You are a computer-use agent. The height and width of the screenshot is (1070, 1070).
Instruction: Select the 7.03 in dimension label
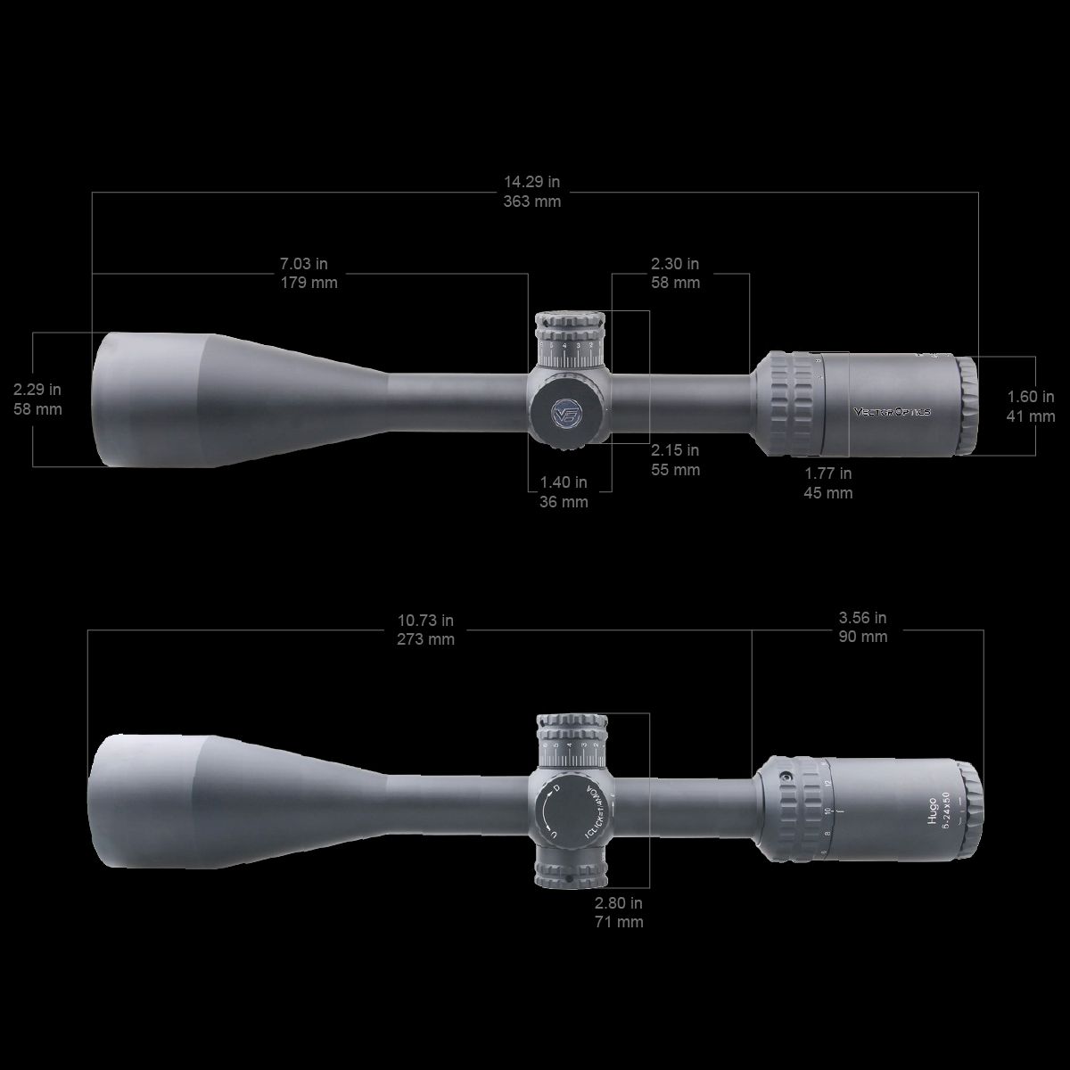click(x=304, y=264)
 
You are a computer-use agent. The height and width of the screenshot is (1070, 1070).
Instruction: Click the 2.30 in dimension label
click(x=675, y=264)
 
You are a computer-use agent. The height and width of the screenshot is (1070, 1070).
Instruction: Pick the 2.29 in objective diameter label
click(x=37, y=390)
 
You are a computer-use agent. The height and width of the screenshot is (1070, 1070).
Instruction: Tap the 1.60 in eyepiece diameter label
click(x=1031, y=397)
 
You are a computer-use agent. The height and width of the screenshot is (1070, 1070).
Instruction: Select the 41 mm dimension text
click(x=1031, y=416)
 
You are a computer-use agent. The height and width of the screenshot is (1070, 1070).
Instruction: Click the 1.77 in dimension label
click(x=828, y=473)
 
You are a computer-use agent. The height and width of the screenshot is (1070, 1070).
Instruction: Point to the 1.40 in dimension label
click(x=564, y=482)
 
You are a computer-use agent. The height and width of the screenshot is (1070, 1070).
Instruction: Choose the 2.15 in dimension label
click(x=675, y=450)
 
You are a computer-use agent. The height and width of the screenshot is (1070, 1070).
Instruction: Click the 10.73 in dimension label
click(x=425, y=620)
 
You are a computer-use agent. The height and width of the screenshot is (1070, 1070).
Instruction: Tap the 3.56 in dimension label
click(x=862, y=617)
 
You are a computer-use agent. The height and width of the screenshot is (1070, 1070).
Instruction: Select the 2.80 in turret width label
click(x=619, y=903)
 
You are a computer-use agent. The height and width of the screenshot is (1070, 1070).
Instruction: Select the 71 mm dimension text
click(x=619, y=923)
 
